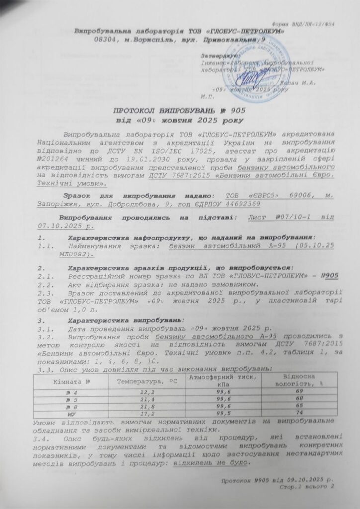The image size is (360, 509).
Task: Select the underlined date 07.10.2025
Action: point(59,226)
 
